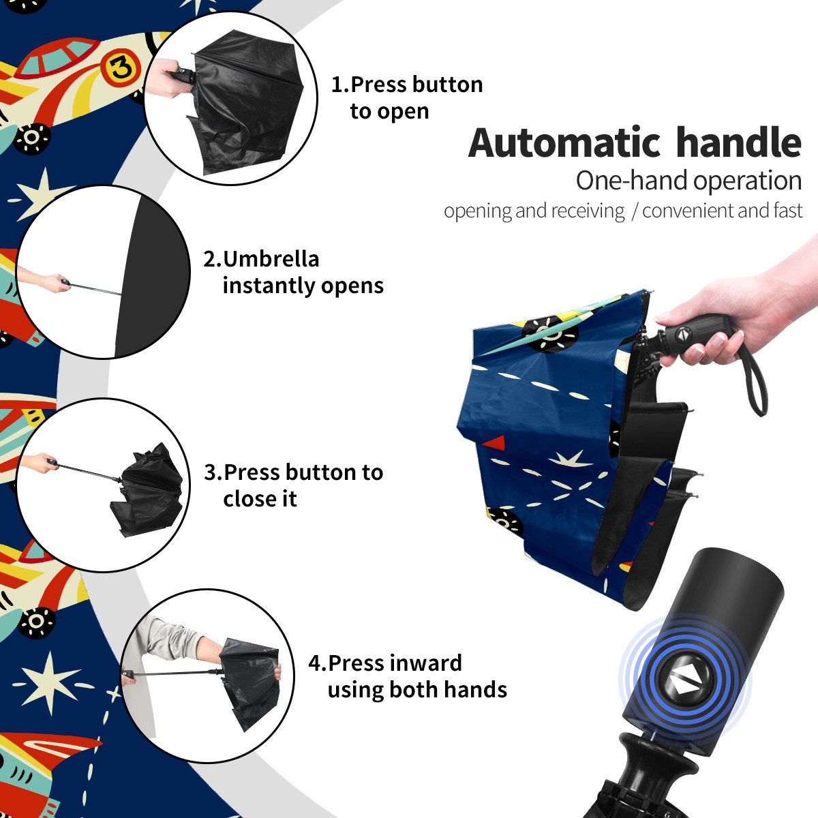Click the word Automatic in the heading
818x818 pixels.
564,142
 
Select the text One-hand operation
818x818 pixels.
689,181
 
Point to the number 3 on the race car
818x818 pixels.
119,67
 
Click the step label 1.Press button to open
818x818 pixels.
407,97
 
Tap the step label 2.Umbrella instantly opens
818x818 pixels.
293,272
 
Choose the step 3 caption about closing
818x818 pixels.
293,485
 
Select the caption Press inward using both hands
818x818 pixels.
408,676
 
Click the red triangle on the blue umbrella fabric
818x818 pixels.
494,443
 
